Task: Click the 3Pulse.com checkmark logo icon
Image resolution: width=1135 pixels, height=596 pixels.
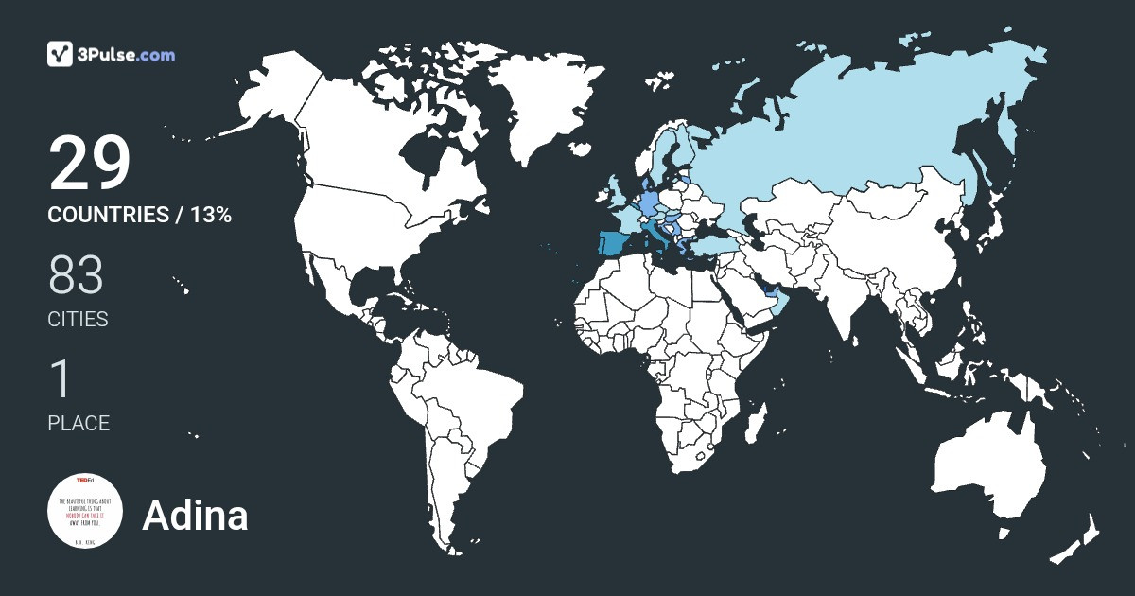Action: tap(61, 54)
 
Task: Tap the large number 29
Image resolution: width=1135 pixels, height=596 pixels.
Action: tap(89, 163)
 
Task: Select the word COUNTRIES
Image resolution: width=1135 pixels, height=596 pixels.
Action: tap(107, 215)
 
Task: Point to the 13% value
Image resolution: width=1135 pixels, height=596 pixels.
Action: tap(210, 215)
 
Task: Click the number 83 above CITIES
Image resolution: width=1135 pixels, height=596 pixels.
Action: tap(76, 275)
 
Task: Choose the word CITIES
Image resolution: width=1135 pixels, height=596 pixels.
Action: tap(78, 320)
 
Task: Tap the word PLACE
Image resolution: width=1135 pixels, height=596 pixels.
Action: tap(79, 424)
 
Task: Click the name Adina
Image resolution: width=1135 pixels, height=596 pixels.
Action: tap(195, 516)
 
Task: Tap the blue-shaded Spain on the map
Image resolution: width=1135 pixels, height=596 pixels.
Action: tap(615, 249)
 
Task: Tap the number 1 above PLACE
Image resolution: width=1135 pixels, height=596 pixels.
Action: tap(60, 379)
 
